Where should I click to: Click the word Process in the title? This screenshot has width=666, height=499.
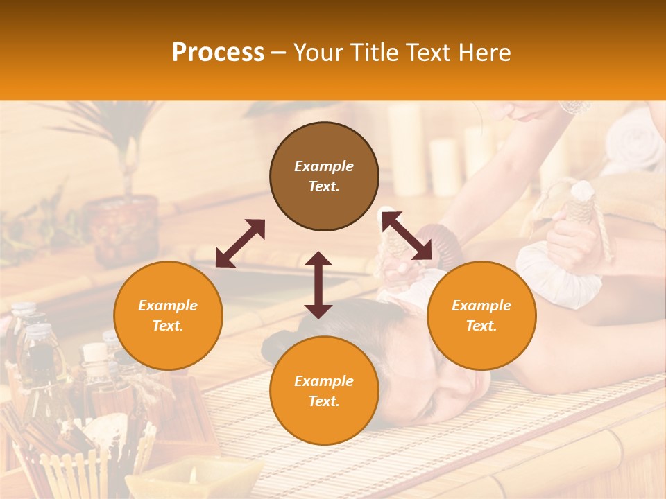pyautogui.click(x=218, y=53)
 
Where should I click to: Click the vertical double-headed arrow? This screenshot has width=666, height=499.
pyautogui.click(x=318, y=285)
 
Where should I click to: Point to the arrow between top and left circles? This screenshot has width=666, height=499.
pyautogui.click(x=240, y=243)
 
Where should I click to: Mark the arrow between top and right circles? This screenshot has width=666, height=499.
pyautogui.click(x=407, y=236)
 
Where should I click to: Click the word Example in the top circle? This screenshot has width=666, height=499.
pyautogui.click(x=324, y=166)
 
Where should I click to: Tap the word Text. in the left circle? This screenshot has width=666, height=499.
pyautogui.click(x=168, y=326)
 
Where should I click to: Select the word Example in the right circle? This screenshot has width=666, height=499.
pyautogui.click(x=481, y=306)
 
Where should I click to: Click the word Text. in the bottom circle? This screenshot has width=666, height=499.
pyautogui.click(x=324, y=401)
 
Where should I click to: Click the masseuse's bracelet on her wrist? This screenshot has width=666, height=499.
pyautogui.click(x=574, y=107)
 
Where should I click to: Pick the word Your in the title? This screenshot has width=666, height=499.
pyautogui.click(x=318, y=53)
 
